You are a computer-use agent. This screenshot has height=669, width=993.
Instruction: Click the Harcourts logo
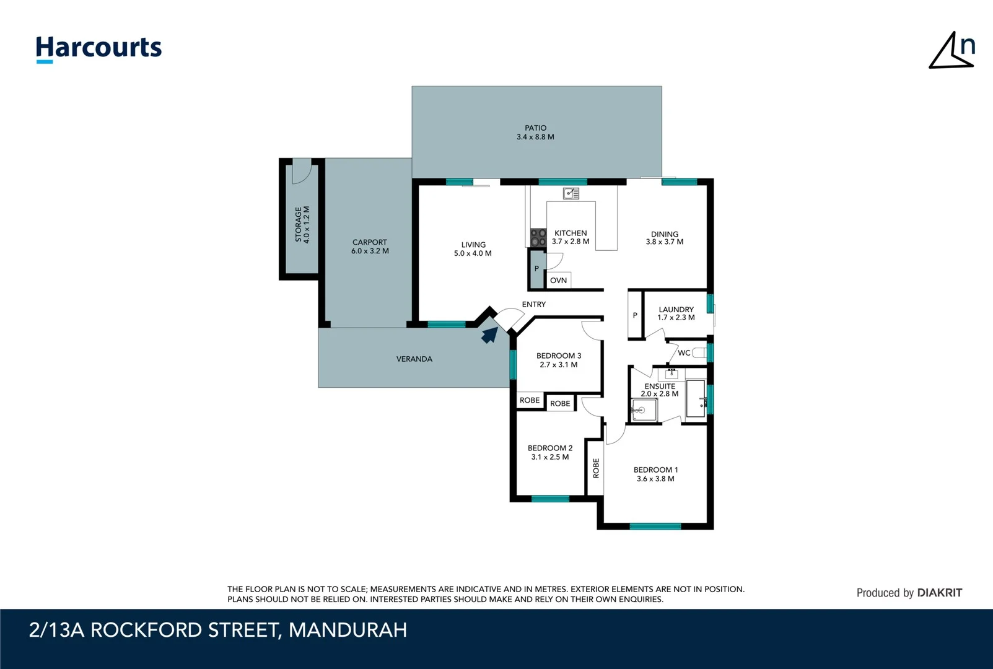98,48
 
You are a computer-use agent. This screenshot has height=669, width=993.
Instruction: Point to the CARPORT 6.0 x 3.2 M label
370,247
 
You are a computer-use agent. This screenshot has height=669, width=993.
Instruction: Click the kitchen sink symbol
571,194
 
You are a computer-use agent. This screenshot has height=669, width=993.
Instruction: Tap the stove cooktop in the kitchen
538,237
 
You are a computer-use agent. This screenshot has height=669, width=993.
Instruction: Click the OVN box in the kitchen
558,281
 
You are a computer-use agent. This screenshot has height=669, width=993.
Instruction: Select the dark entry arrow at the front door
489,335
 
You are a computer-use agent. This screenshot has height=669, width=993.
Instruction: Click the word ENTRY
533,304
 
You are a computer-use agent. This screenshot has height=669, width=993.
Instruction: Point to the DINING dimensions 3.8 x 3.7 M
664,242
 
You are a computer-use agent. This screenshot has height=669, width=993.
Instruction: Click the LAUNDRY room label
676,309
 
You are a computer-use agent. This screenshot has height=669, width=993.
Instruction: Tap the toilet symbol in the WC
699,353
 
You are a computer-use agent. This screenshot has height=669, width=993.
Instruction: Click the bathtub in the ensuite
696,398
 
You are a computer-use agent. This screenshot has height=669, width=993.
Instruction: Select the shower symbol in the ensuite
644,409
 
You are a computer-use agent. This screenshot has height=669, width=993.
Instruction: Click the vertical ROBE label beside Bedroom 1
596,468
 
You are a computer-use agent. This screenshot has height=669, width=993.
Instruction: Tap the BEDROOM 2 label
549,448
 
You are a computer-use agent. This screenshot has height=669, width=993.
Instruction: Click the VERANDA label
414,359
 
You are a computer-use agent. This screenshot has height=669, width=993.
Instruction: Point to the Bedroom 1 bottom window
655,527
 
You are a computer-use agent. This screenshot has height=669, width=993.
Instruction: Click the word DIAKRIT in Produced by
939,593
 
